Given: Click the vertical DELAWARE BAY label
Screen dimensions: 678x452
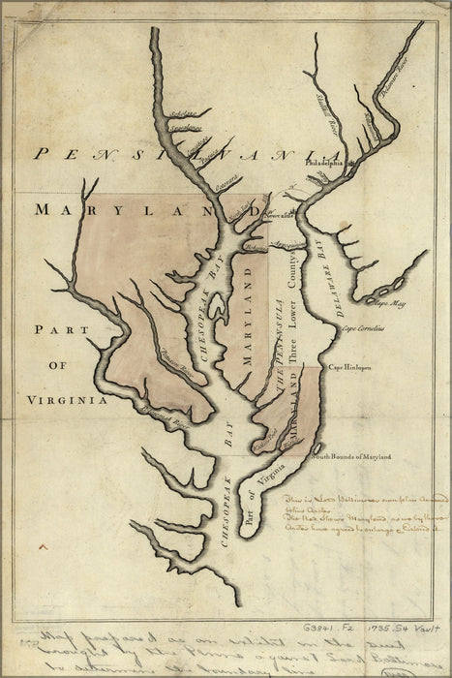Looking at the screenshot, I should click(324, 272).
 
